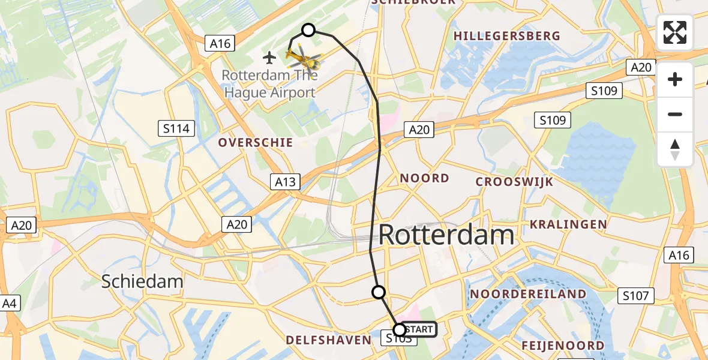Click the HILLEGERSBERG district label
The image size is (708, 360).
507,36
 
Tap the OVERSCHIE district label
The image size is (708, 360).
256,143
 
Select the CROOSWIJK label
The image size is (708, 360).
514,182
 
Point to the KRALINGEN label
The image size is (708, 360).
568,224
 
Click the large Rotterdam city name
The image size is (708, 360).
446,235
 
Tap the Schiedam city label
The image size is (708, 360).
142,281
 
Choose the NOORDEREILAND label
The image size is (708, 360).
528,294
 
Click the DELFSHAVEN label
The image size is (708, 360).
329,340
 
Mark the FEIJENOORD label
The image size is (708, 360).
563,346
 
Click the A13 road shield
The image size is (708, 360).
285,182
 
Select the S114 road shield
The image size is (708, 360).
176,128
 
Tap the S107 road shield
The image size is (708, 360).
635,295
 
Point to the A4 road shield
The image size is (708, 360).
10,304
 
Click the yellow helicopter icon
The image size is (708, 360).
304,59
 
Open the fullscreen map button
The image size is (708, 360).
675,32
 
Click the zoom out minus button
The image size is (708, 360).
675,114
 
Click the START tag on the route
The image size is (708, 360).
418,329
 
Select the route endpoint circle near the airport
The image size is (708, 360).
308,30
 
